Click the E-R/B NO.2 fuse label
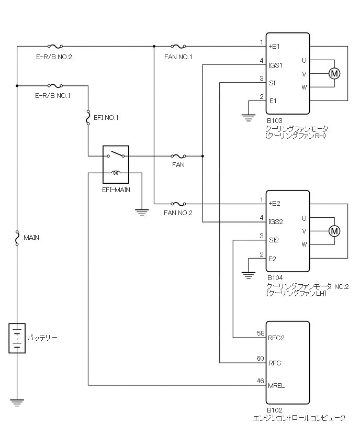[x=53, y=56]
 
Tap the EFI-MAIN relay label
[x=116, y=184]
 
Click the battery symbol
[x=17, y=338]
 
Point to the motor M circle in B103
[x=334, y=74]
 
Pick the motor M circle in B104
[x=334, y=231]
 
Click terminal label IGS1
[x=276, y=65]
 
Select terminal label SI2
[x=274, y=240]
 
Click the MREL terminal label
[x=276, y=385]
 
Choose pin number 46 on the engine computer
[x=260, y=381]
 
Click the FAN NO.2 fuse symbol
[x=178, y=203]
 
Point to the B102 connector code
[x=275, y=410]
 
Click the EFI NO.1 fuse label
[x=106, y=118]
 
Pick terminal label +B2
[x=275, y=203]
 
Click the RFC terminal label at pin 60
[x=274, y=363]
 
